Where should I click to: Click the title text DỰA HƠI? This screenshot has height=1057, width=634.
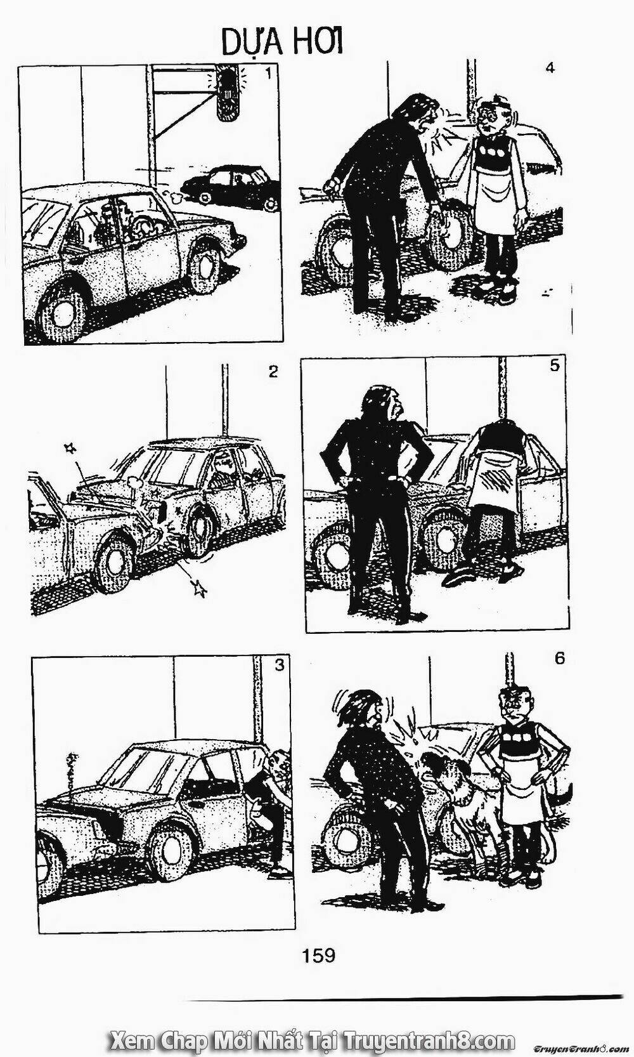pos(282,45)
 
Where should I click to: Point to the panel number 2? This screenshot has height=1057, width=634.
pos(273,372)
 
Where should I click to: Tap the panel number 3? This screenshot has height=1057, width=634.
pos(280,666)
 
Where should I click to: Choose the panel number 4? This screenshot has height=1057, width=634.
pos(550,68)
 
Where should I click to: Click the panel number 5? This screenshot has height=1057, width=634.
pos(554,365)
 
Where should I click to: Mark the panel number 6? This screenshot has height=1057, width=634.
pos(560,659)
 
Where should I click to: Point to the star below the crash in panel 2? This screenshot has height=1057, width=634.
pos(198,588)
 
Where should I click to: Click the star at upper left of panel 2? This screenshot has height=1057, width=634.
pos(71,447)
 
